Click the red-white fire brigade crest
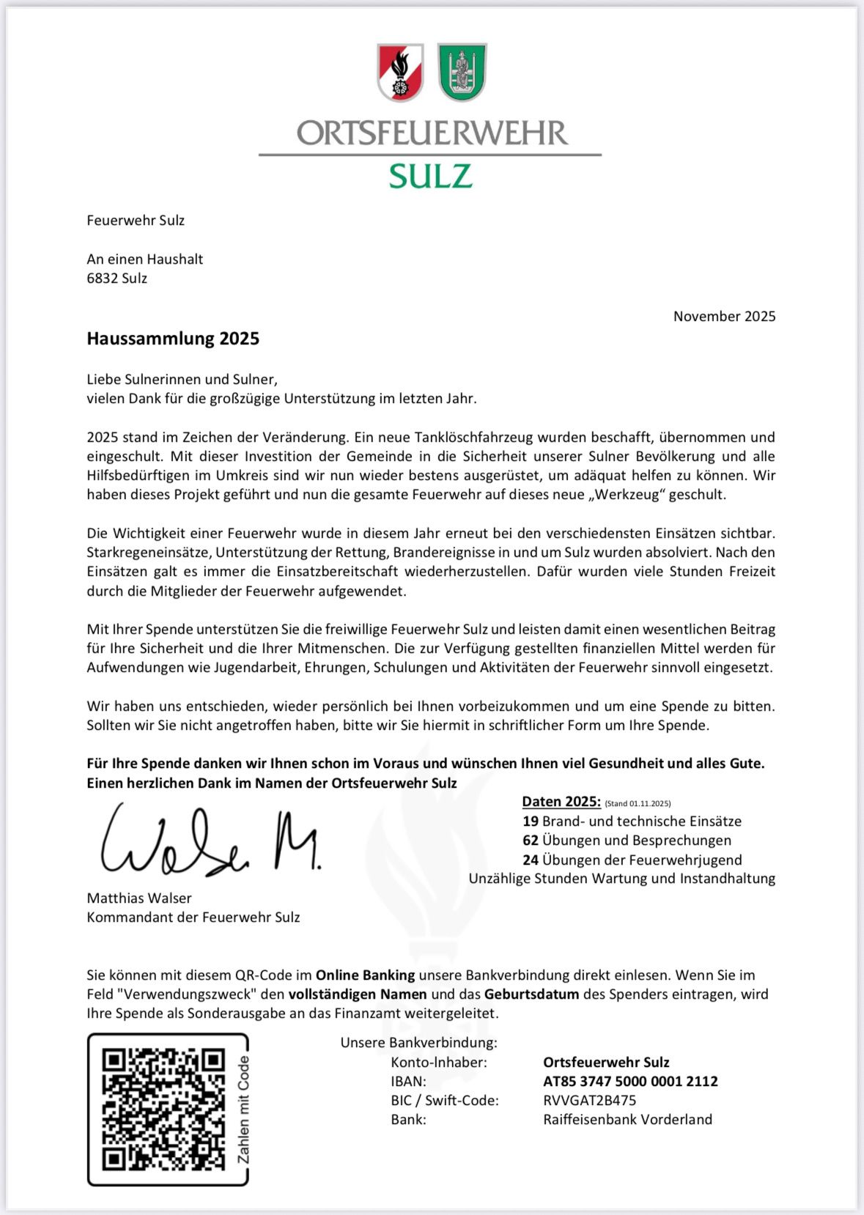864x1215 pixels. pos(400,72)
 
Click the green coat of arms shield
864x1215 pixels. pos(462,72)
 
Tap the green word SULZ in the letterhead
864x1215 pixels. pos(430,177)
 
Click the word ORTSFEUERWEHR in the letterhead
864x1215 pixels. pos(432,133)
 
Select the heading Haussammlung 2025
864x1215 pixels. pos(173,339)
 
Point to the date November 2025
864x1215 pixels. pos(724,317)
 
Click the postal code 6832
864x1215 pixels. pos(102,278)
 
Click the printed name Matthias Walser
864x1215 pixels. pos(139,898)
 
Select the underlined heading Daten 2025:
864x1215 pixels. pos(561,802)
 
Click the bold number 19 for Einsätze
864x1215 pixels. pos(531,821)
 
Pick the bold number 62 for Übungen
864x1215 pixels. pos(531,841)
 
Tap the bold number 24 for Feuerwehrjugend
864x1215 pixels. pos(531,860)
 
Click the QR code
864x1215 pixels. pos(163,1109)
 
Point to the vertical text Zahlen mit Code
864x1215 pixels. pos(243,1109)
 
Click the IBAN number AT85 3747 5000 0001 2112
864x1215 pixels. pos(630,1082)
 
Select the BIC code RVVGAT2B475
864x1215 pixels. pos(589,1101)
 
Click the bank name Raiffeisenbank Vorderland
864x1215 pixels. pos(627,1120)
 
